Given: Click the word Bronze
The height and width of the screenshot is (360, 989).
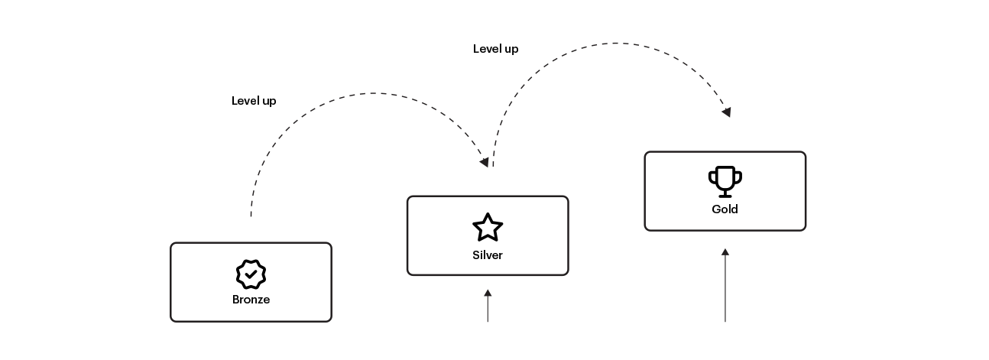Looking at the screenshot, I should [251, 300].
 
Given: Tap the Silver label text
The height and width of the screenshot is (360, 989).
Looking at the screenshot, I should [488, 255].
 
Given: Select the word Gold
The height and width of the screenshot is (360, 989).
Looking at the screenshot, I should [725, 209].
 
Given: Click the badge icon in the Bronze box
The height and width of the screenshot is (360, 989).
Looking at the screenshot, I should [251, 274].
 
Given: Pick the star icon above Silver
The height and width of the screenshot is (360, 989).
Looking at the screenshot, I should [488, 228].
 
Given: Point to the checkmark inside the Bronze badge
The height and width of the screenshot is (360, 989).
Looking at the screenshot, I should [251, 274].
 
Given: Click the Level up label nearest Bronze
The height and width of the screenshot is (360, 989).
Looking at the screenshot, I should [254, 101].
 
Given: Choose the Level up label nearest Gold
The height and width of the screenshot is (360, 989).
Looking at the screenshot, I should [495, 49].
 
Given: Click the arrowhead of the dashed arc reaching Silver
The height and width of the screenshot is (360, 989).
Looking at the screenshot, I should [484, 162].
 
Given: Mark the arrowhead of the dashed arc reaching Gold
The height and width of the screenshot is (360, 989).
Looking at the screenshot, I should [727, 112].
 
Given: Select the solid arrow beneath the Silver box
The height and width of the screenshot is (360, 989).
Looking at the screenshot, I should [488, 306].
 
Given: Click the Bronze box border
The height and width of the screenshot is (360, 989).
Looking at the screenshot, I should [170, 282].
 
